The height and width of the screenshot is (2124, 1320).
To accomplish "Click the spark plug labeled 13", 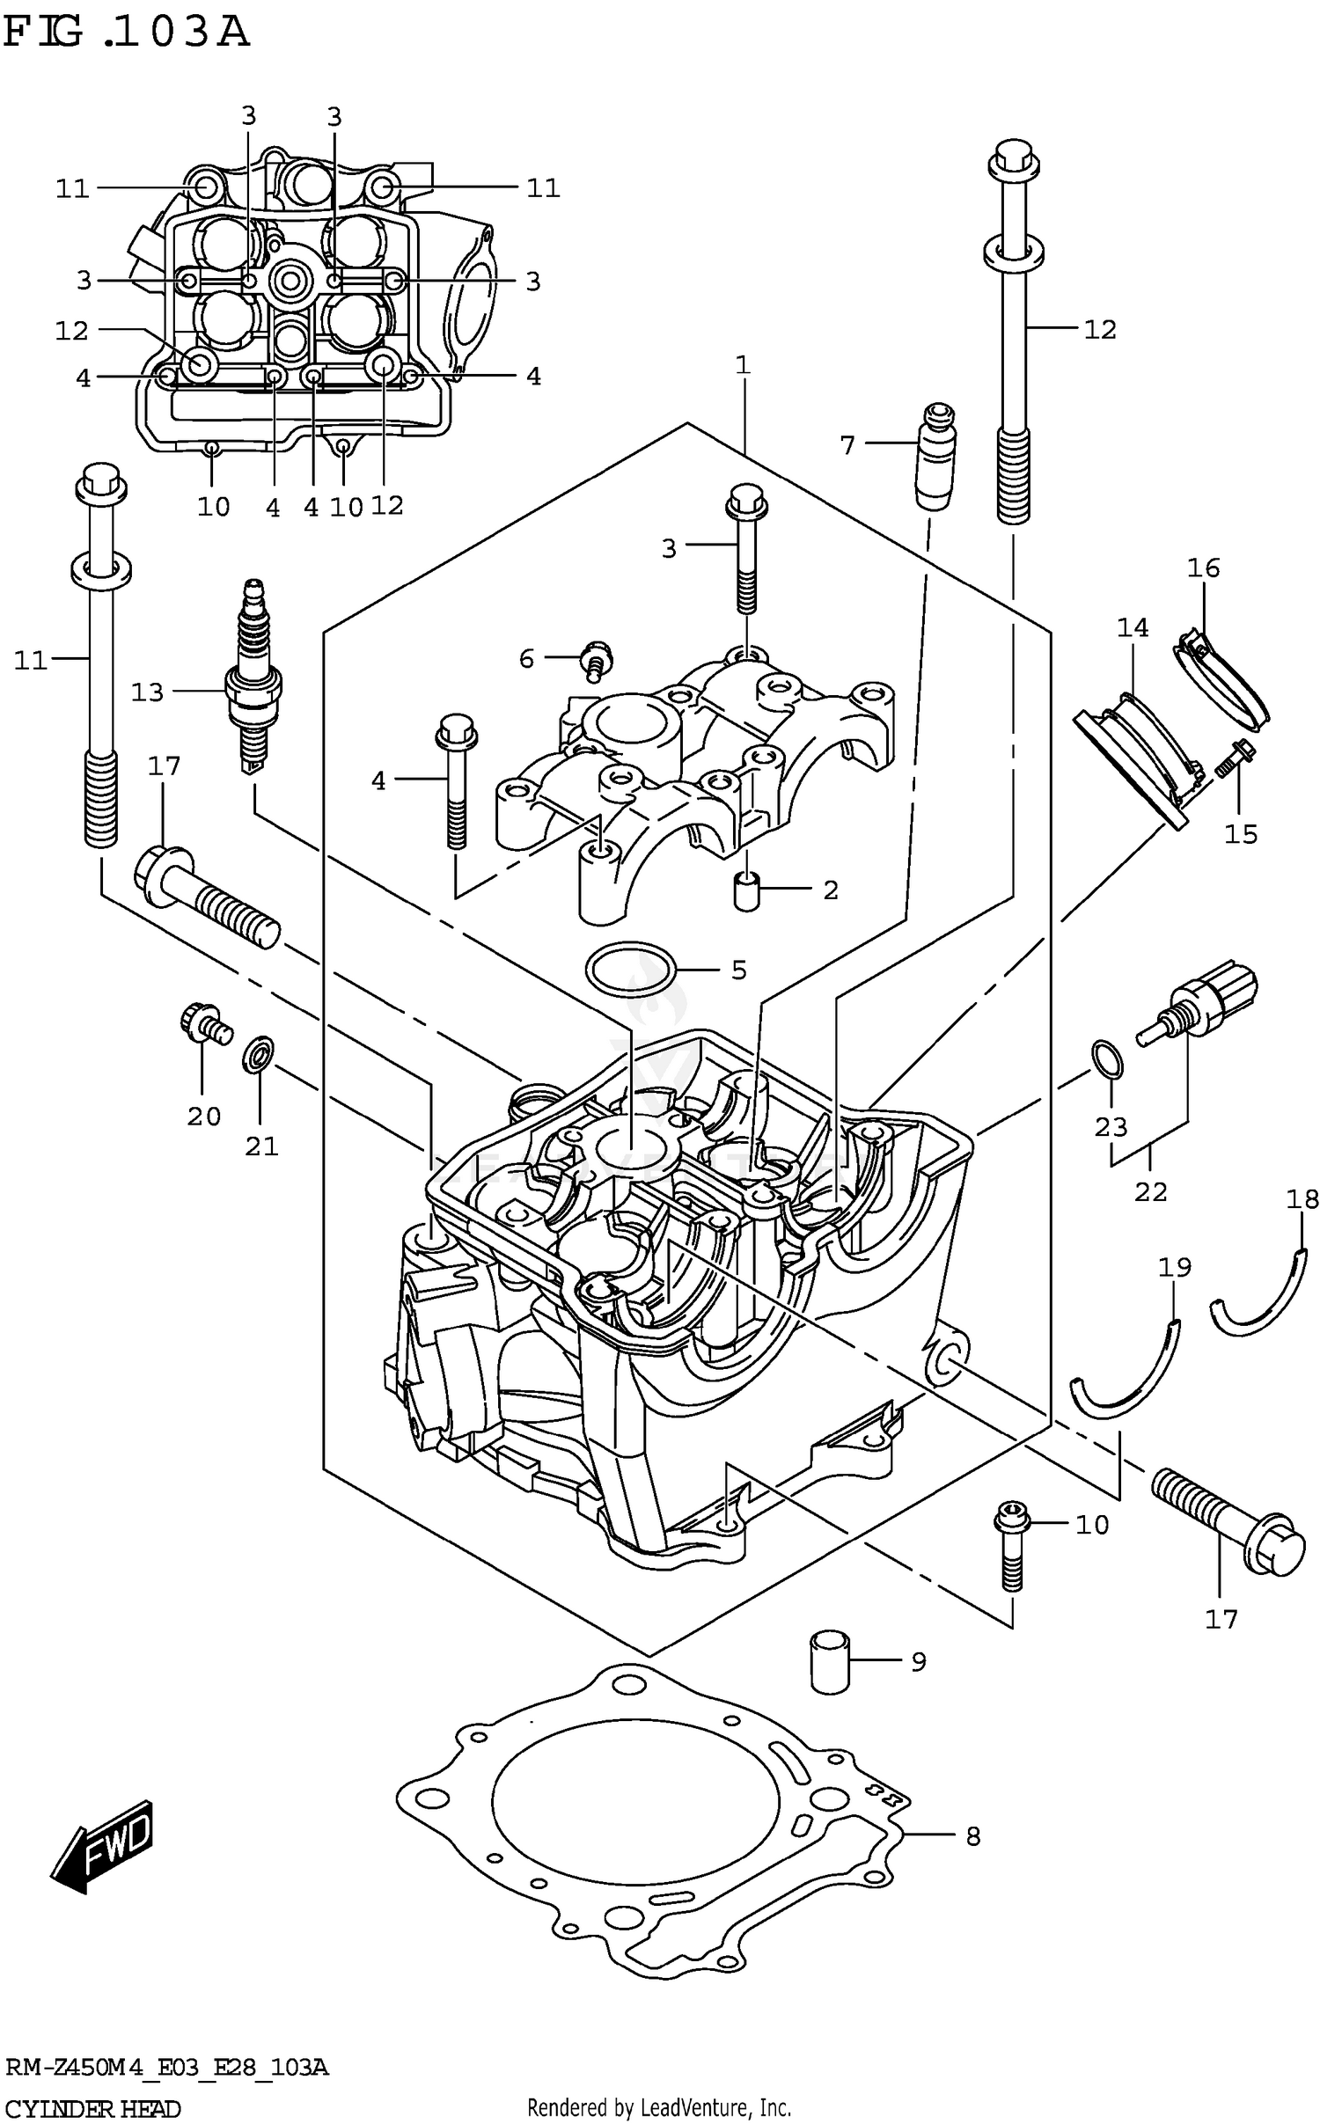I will click(253, 678).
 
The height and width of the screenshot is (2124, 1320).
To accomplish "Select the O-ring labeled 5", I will click(631, 969).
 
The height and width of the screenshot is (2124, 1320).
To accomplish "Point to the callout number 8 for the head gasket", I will click(972, 1836).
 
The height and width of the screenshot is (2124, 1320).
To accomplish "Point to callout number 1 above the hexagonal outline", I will click(743, 364).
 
